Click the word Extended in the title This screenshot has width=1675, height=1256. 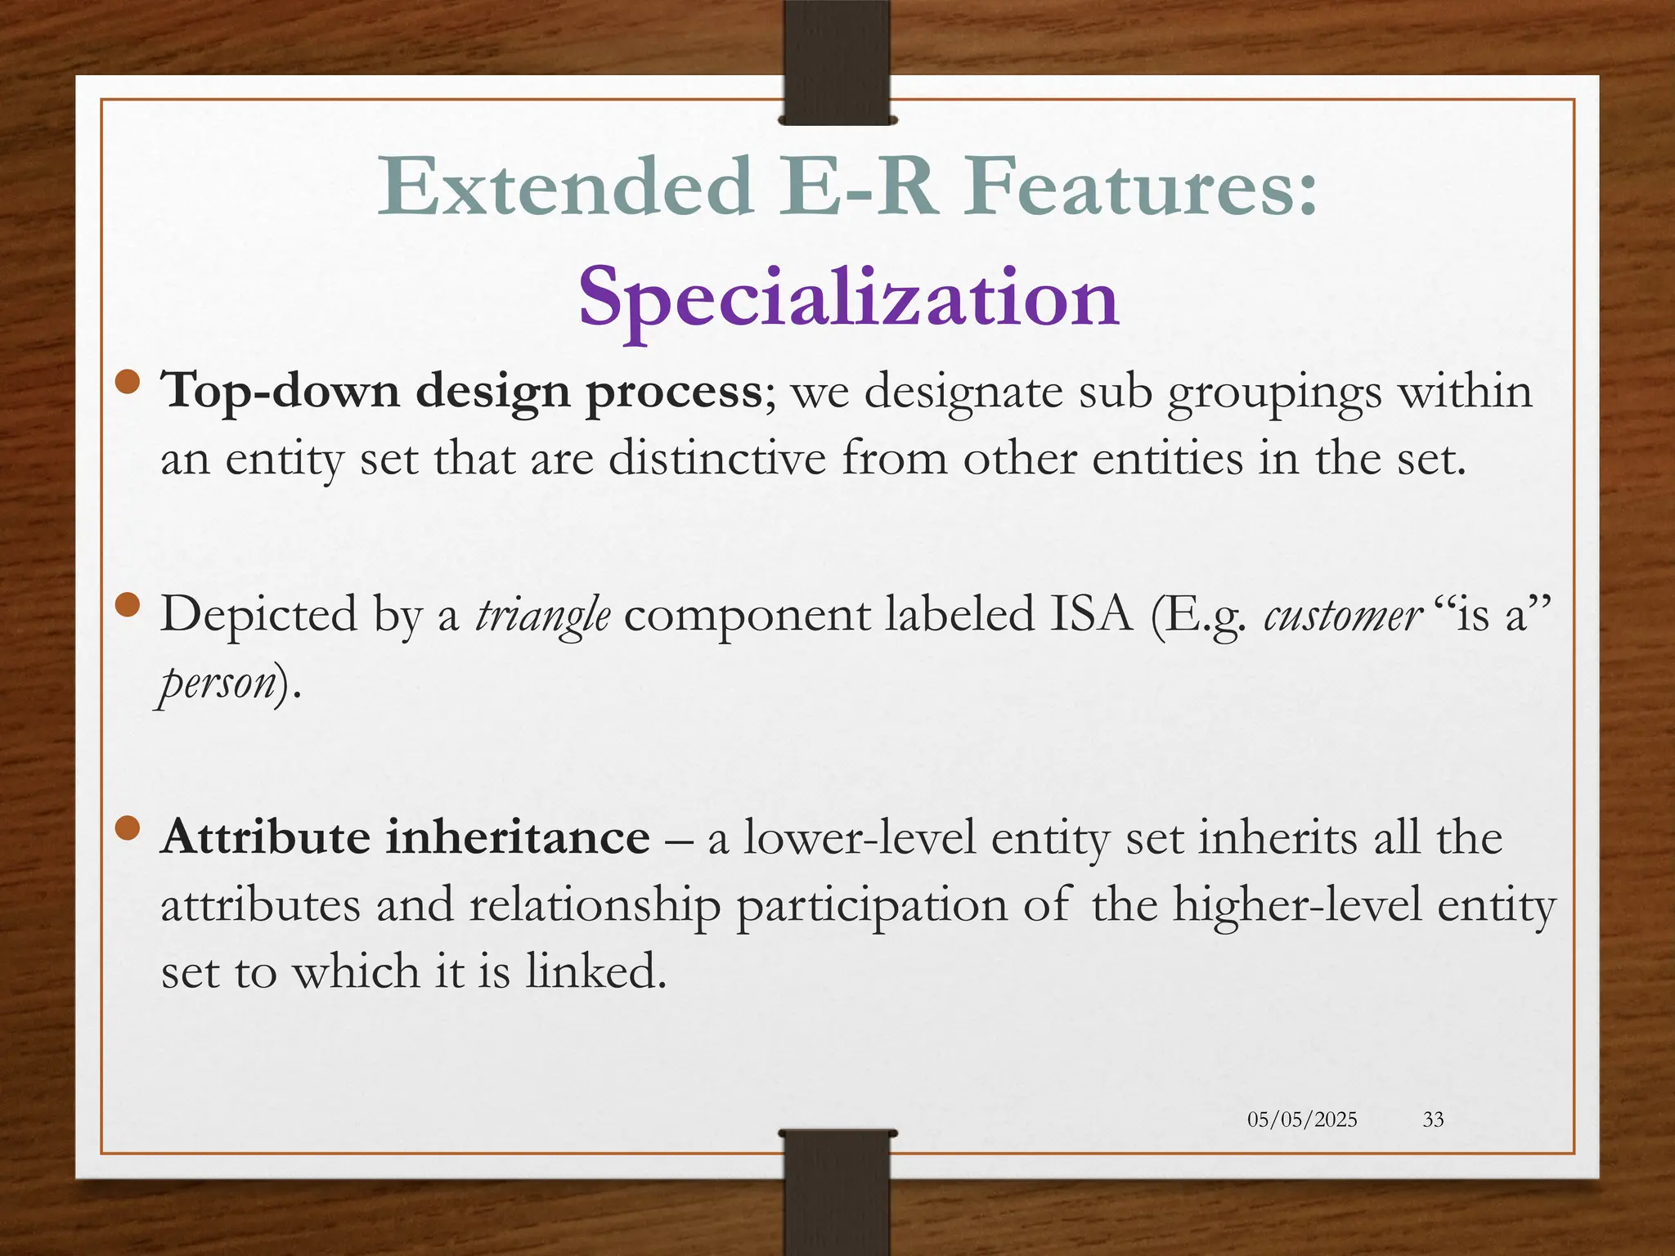coord(564,187)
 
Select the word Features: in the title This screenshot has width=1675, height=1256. coord(1140,187)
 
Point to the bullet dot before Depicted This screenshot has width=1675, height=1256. coord(128,604)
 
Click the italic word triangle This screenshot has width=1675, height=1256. coord(542,615)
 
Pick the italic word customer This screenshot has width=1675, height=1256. coord(1342,615)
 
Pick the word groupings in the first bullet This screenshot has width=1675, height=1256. coord(1274,393)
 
